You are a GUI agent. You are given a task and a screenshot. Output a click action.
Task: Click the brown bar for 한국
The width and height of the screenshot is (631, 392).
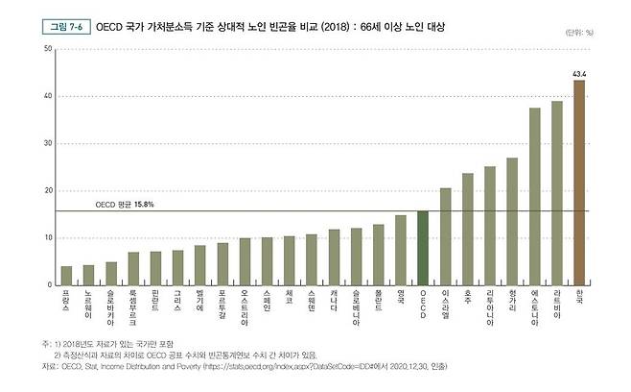[579, 183]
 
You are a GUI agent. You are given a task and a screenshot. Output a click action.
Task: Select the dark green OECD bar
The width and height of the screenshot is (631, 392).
[423, 248]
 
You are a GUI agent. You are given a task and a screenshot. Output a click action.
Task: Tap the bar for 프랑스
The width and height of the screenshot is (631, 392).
[66, 276]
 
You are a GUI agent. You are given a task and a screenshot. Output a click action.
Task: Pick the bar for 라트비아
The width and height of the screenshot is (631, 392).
[557, 193]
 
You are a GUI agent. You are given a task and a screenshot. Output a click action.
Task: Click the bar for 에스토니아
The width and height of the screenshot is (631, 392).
[534, 196]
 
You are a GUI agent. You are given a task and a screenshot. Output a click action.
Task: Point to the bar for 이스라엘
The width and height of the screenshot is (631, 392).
[445, 236]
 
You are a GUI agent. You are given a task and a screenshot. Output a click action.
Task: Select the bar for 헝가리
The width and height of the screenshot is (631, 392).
[512, 221]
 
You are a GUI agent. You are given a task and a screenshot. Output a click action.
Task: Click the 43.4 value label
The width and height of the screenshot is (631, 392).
[579, 73]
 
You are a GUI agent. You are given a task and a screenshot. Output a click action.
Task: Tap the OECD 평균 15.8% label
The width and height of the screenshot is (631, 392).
[124, 205]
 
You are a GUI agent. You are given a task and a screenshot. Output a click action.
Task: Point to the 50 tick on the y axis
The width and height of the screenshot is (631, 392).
[47, 50]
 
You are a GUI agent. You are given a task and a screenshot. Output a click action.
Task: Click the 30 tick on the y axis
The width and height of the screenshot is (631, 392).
[47, 144]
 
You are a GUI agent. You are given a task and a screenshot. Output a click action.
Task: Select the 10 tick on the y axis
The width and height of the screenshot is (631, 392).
[47, 238]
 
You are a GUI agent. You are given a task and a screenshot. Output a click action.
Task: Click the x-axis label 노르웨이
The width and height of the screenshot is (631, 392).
[88, 306]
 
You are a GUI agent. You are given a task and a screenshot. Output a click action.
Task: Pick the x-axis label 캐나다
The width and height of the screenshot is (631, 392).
[334, 302]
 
